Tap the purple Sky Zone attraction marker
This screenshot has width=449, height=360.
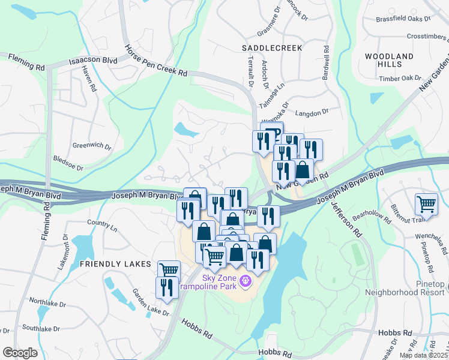[245, 280]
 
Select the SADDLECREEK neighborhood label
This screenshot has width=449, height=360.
[271, 47]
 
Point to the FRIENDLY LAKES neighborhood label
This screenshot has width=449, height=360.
[109, 264]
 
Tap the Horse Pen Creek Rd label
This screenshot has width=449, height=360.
[155, 61]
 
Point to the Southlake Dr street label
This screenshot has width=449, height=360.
[40, 328]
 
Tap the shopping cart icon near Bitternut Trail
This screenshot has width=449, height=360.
[426, 203]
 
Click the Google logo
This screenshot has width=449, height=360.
[20, 353]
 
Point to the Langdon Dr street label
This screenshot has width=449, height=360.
[312, 112]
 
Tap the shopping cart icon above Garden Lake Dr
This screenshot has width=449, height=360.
[169, 271]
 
